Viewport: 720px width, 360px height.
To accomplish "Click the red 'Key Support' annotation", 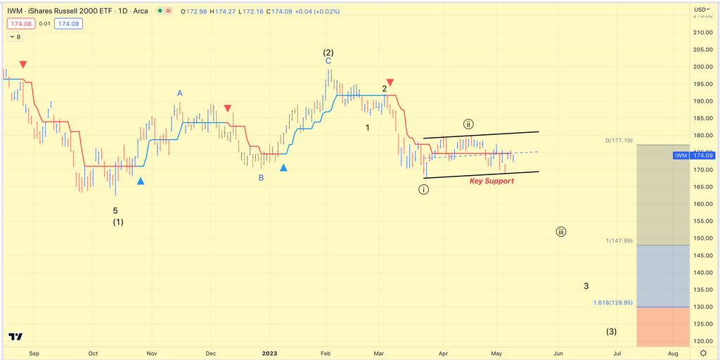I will point(491,181).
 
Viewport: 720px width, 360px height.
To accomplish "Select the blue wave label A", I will point(180,93).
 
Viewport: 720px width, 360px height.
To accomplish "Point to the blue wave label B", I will point(261,178).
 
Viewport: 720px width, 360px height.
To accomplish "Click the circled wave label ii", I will point(468,124).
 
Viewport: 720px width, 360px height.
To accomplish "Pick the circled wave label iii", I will point(560,232).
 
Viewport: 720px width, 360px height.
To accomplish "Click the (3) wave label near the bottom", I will point(612,332).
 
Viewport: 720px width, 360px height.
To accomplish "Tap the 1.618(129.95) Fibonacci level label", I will point(612,303).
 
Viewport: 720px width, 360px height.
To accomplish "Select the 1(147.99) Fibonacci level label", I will point(618,240).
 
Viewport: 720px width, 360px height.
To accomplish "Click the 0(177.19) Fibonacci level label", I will point(619,141).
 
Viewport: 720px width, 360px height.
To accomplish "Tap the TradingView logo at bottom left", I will point(15,337).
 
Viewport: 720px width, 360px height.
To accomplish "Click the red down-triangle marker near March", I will point(390,82).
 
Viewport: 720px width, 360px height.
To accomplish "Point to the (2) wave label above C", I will point(328,53).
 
